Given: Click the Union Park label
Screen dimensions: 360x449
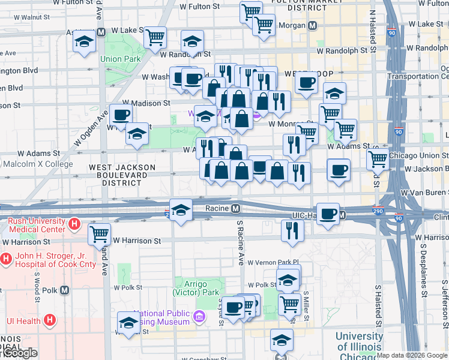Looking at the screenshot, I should [x=120, y=59].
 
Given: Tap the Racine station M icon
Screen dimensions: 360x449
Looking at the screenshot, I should [x=237, y=208].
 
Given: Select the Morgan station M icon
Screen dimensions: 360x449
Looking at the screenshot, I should [x=312, y=26].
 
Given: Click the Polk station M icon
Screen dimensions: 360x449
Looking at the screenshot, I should [x=64, y=290].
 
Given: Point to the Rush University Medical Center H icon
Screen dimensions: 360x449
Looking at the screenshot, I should [x=74, y=225].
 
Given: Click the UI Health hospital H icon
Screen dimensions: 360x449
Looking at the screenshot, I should [x=50, y=320].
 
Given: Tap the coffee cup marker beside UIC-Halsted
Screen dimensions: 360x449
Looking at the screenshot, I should [x=328, y=213].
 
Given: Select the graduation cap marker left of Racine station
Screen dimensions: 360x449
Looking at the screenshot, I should [x=181, y=209].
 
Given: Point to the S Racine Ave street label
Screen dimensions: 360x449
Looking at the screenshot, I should [x=240, y=243].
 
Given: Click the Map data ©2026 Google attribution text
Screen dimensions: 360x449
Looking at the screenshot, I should [x=412, y=355].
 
